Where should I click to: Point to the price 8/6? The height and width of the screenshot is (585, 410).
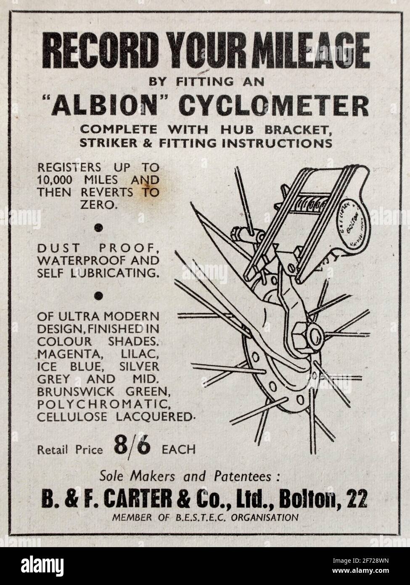click(x=132, y=448)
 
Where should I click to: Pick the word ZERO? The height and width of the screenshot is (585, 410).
click(x=98, y=205)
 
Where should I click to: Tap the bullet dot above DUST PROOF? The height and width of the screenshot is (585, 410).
click(x=98, y=228)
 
